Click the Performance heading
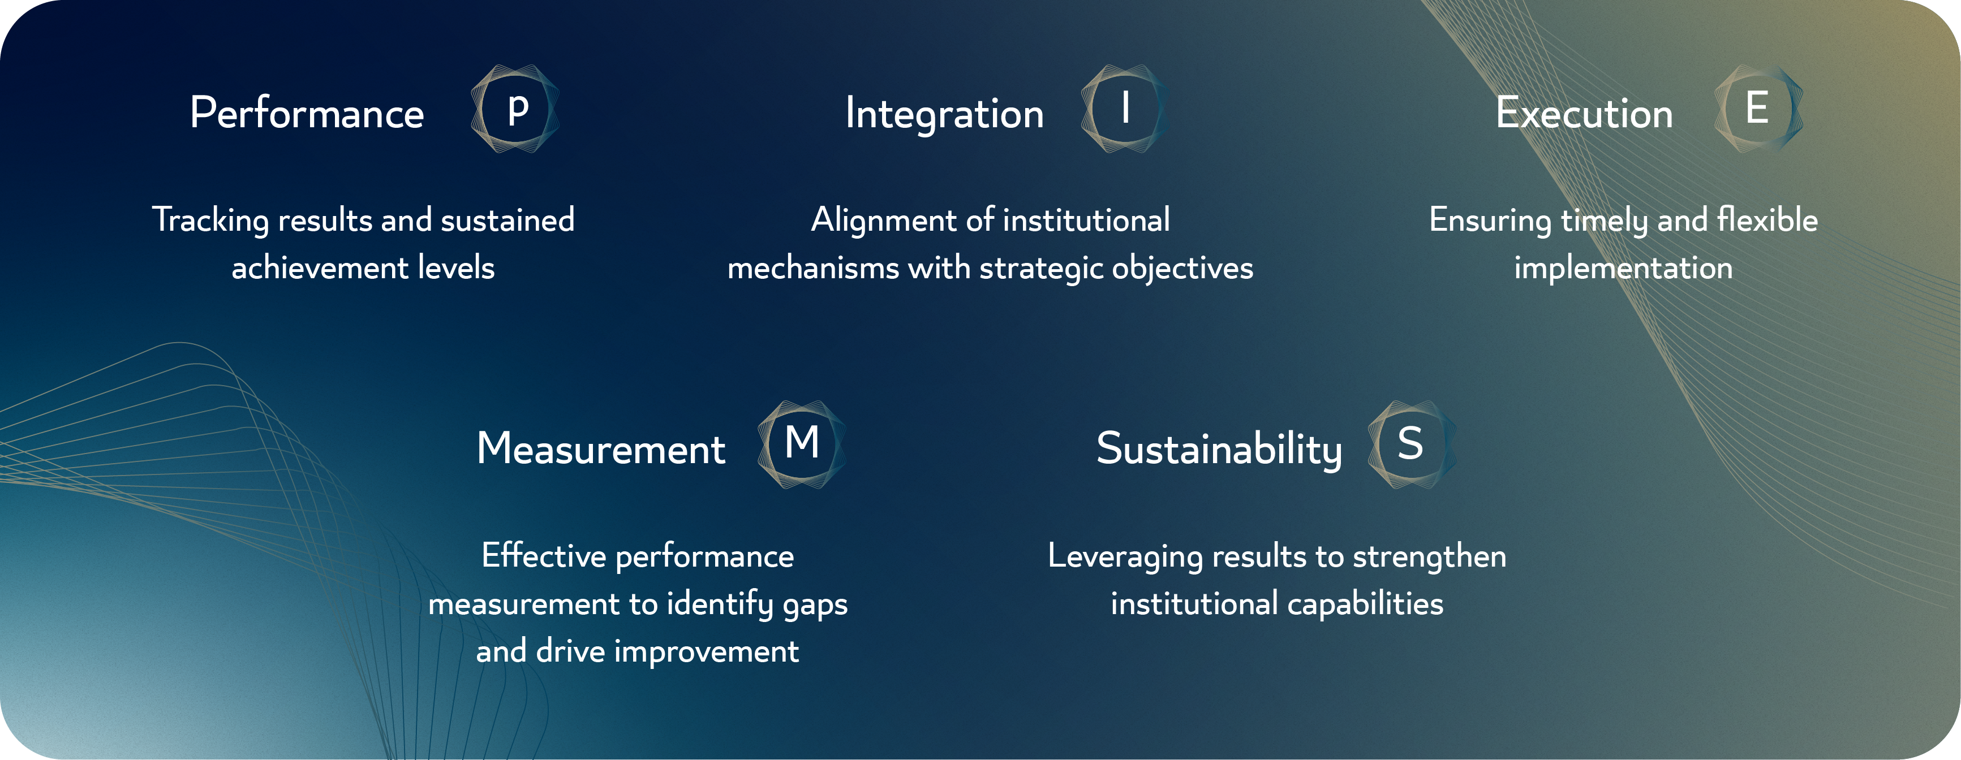pos(307,113)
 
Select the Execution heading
pos(1584,113)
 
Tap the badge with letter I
pos(1124,109)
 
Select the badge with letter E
pos(1758,109)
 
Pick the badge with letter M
pos(802,444)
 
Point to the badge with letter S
pos(1412,444)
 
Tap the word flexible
pos(1768,220)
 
